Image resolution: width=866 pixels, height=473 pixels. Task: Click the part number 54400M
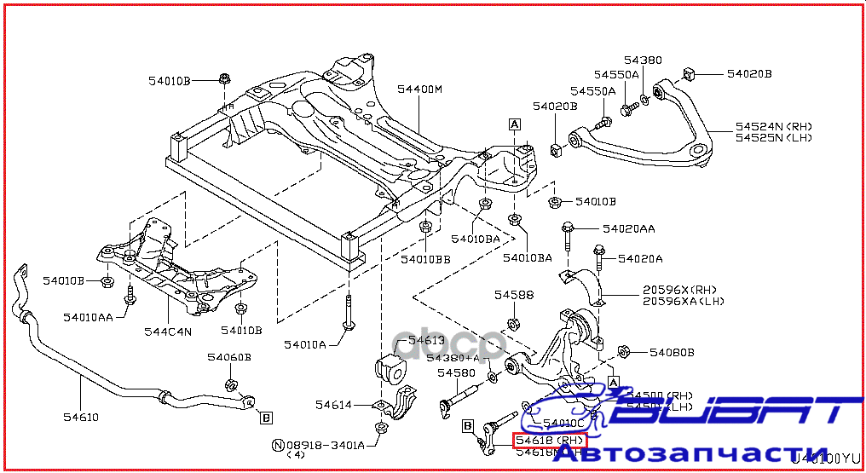(x=419, y=89)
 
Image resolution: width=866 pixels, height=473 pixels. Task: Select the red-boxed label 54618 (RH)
(x=550, y=440)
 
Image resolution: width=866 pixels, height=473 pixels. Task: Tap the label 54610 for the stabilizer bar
(x=81, y=418)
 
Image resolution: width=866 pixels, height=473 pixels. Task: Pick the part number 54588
(x=514, y=295)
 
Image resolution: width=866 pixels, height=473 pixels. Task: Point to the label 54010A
(x=305, y=344)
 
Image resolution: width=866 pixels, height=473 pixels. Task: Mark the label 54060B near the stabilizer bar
(x=230, y=357)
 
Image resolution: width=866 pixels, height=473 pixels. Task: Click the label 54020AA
(x=629, y=228)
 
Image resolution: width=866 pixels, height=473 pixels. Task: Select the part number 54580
(x=457, y=372)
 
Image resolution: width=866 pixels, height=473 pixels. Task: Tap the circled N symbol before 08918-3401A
(x=278, y=444)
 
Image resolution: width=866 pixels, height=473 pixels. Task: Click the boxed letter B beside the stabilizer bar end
(x=266, y=418)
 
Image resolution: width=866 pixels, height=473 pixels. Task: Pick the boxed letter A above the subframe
(x=514, y=124)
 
